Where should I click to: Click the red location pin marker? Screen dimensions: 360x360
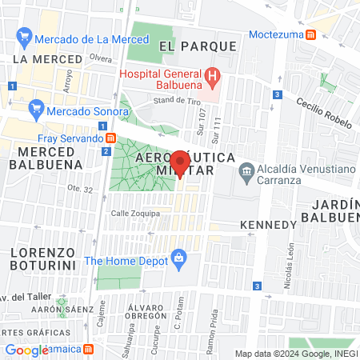(180, 165)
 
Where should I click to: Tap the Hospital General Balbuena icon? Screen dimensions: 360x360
(213, 78)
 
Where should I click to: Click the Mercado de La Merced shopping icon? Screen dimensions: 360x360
(25, 37)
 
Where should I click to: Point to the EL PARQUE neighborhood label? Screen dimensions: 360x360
(198, 46)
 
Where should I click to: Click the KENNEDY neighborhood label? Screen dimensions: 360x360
(267, 224)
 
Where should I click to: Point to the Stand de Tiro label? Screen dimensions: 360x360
(174, 100)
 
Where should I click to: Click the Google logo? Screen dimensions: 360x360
(26, 349)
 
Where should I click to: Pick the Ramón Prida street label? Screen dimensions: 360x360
(212, 330)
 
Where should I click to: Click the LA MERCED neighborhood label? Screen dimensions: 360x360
(47, 60)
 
